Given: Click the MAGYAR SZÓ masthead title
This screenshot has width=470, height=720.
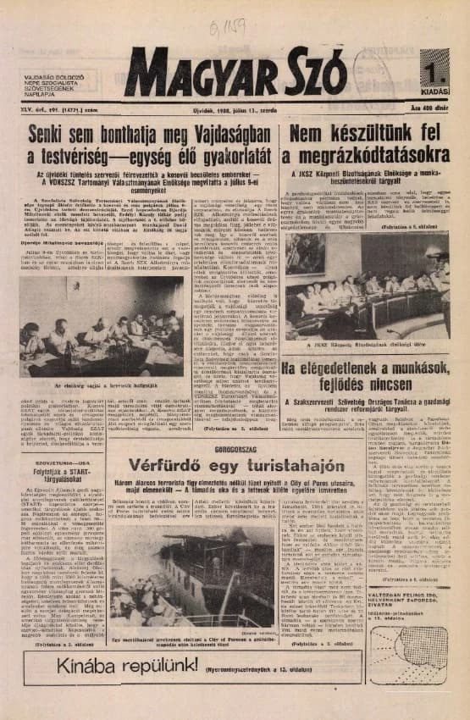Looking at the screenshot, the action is (x=236, y=75).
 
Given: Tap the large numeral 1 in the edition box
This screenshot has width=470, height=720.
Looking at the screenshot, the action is (x=434, y=64).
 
